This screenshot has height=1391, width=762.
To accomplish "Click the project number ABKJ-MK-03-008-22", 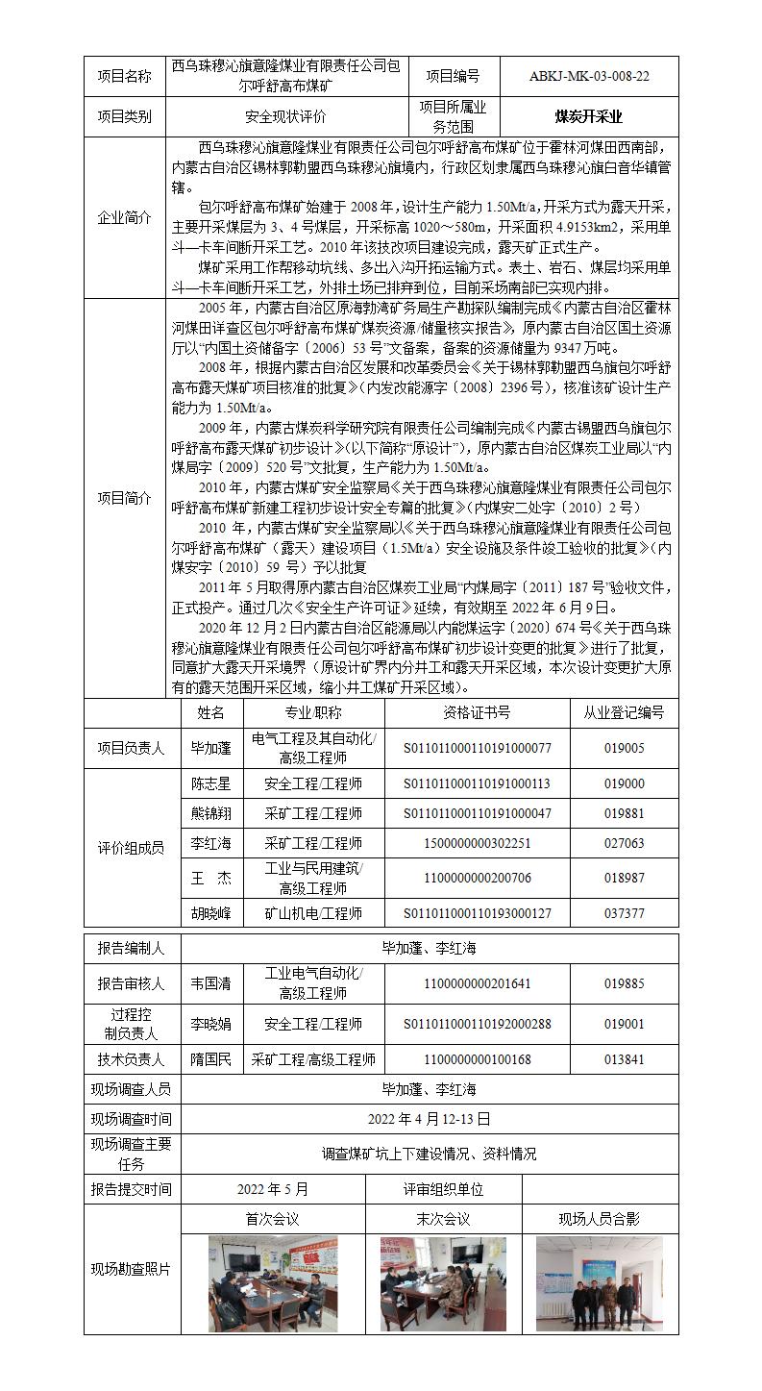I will point(589,76).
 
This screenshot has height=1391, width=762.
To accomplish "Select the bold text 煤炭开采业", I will point(588,117).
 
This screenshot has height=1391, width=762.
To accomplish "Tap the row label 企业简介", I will point(125,218).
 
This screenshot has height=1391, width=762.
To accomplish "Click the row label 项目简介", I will point(125,498).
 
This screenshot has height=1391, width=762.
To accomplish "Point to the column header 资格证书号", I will point(477,712).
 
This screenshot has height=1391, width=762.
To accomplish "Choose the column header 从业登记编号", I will point(624,712).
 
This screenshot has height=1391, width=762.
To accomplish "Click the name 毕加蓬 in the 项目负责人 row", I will point(211,748).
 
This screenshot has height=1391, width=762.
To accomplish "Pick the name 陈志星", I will point(211,784).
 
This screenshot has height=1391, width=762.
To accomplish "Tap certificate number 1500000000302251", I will point(477,843).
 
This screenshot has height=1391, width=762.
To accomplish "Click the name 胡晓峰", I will point(211,913).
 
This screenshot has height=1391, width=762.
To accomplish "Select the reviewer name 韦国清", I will point(211,983).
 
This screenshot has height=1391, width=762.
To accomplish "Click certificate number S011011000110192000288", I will point(477,1024).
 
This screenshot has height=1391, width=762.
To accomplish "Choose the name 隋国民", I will point(211,1059).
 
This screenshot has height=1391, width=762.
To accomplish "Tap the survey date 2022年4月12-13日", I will point(429,1119).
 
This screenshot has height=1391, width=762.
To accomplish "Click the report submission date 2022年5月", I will point(273,1189).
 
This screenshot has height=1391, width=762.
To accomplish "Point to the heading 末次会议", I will point(442,1219).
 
